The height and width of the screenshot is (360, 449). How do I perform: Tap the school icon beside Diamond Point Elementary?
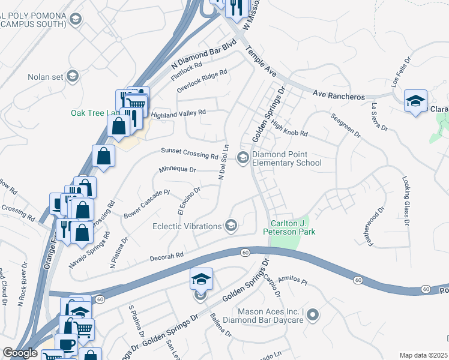click(243, 158)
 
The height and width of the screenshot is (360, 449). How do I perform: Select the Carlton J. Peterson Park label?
click(293, 227)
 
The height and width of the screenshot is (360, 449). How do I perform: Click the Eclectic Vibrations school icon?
click(231, 226)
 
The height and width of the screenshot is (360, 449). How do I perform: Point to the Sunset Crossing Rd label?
click(188, 154)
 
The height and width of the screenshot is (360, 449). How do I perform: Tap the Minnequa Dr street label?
click(177, 170)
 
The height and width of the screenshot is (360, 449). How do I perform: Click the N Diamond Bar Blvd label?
click(205, 53)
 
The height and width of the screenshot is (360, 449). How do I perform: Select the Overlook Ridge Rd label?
click(202, 81)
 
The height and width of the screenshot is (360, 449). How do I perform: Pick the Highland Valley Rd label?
click(178, 112)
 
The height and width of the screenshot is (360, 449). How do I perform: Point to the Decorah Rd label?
click(166, 256)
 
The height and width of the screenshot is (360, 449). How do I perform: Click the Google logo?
click(20, 353)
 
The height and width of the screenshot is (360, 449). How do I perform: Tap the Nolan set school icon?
click(73, 76)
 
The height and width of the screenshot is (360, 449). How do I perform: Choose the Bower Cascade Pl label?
click(148, 205)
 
